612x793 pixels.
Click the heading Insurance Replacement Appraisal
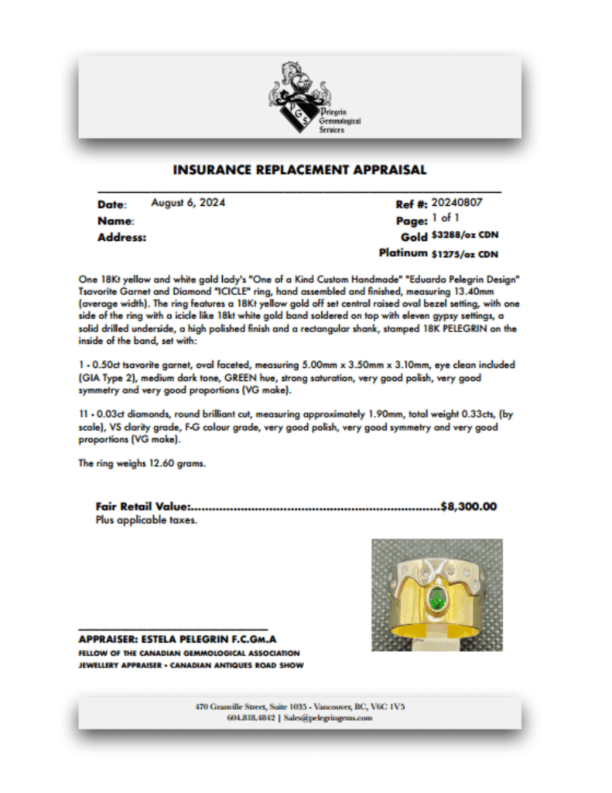299,170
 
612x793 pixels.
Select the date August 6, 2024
188,203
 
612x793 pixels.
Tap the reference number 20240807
457,203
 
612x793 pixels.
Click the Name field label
115,221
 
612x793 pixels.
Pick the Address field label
121,238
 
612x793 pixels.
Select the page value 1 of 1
445,219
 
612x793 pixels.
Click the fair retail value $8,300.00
468,507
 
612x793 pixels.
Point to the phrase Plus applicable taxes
146,520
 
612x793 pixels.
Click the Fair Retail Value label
143,507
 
